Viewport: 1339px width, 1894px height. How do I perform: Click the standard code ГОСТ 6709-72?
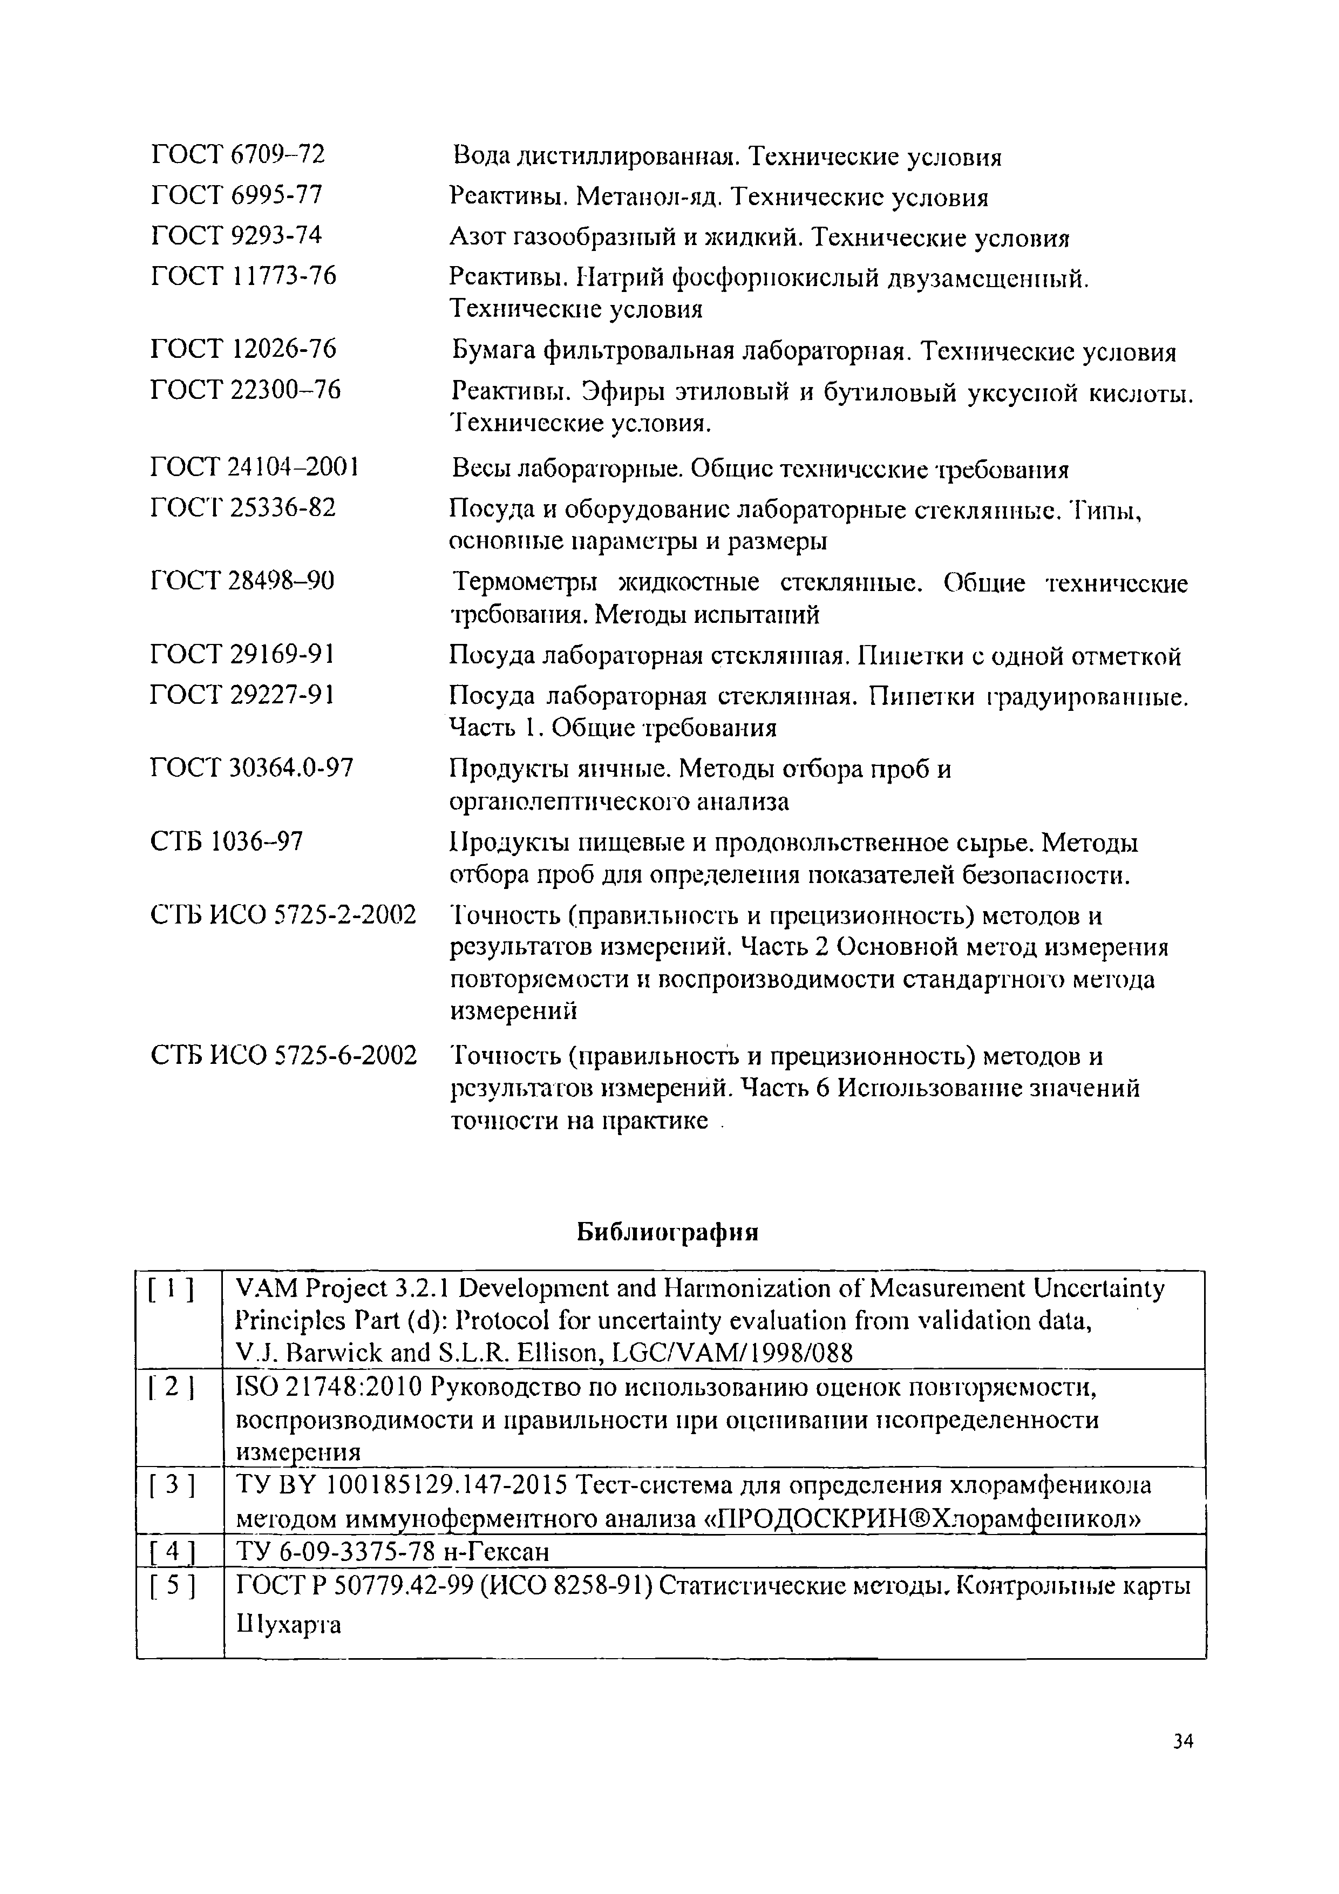click(x=239, y=153)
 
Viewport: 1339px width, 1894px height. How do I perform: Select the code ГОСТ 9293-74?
click(x=237, y=235)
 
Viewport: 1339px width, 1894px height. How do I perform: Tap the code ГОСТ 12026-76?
click(x=243, y=349)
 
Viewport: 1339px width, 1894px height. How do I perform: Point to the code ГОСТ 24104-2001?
click(x=255, y=469)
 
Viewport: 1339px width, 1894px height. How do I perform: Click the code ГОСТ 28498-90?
click(x=242, y=581)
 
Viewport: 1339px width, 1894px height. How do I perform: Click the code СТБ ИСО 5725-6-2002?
click(x=284, y=1055)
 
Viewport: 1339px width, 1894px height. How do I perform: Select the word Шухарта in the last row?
click(x=288, y=1625)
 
